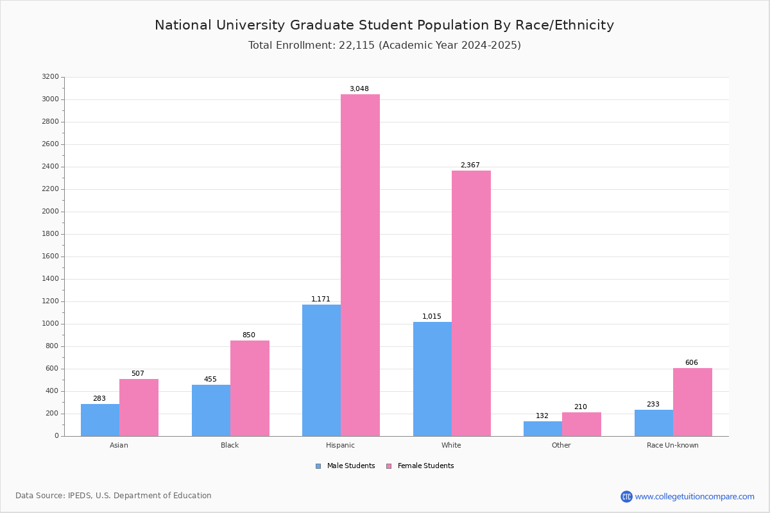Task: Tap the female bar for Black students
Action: coord(250,388)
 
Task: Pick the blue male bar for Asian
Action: coord(100,419)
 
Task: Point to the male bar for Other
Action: coord(543,428)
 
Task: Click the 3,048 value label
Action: coord(359,89)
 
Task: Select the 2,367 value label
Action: coord(470,165)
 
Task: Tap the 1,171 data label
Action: coord(321,299)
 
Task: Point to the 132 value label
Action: coord(542,416)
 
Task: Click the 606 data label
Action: coord(691,363)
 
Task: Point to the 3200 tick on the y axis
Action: coord(50,77)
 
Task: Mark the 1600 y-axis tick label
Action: coord(50,256)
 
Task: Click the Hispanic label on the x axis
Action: coord(340,445)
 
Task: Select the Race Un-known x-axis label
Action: coord(672,445)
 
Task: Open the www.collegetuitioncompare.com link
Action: coord(694,496)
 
